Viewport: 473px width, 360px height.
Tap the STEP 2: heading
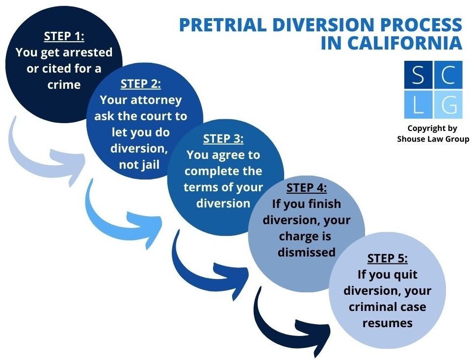pos(141,83)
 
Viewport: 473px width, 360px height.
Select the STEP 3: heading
pos(223,139)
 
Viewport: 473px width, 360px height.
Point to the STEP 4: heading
pos(306,188)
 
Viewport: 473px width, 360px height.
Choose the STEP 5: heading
pos(387,258)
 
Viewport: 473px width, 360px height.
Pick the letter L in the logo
pos(418,104)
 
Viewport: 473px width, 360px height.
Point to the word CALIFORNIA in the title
pos(405,43)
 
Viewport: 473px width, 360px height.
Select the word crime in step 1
pos(64,84)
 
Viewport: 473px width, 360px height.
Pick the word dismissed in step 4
pos(306,252)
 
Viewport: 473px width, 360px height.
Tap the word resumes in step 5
pos(387,323)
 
